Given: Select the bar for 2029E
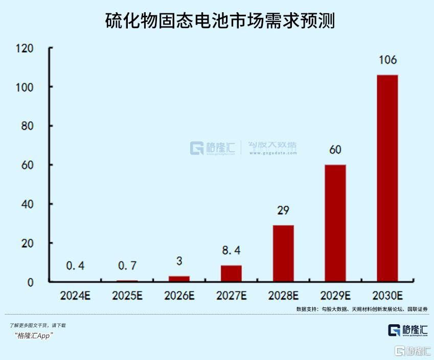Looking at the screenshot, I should coord(335,223).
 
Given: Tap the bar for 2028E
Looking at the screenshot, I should coord(283,253).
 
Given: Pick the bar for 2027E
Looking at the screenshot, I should coord(231,273).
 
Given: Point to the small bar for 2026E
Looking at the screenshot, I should coord(179,279).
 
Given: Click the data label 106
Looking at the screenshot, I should coord(387,60).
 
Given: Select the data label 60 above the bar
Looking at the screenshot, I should coord(335,150).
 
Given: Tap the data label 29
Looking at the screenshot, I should coord(283,210).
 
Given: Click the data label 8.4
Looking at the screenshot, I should coord(231,251).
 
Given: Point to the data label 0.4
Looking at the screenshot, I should coord(75,266).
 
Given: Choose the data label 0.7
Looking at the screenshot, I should coord(127,266).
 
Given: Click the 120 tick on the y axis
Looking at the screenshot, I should coord(25,49).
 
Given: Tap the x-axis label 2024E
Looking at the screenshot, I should coord(75,296).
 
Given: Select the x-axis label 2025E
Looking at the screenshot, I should coord(127,296).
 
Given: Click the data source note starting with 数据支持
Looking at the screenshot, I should coord(361,309).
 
